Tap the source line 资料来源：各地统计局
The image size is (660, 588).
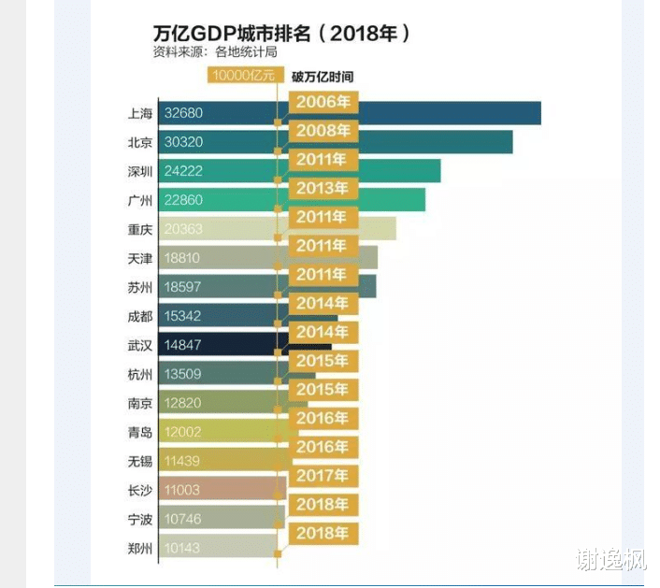[x=215, y=52]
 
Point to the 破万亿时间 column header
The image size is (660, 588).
[x=323, y=76]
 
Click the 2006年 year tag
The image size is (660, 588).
[x=323, y=102]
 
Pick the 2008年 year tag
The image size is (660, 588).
[x=323, y=131]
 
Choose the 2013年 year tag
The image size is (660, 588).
[x=323, y=188]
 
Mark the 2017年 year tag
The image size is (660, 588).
[x=323, y=476]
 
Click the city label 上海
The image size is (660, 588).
[x=139, y=113]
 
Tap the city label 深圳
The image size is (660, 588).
[x=139, y=171]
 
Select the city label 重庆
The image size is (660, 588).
[x=139, y=229]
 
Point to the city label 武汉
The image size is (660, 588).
[x=139, y=345]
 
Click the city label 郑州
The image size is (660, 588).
[x=139, y=548]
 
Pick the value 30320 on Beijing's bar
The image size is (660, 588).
[x=183, y=142]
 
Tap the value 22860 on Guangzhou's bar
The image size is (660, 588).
[x=183, y=200]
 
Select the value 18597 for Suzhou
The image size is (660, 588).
[x=183, y=287]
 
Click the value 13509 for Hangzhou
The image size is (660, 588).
[x=183, y=374]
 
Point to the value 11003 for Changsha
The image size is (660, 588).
[x=183, y=490]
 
